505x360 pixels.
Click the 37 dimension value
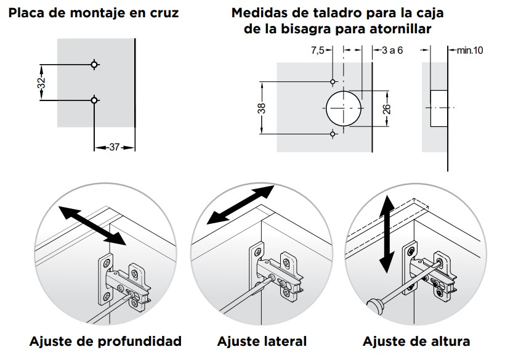pyautogui.click(x=114, y=147)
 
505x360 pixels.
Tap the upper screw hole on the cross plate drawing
pyautogui.click(x=94, y=64)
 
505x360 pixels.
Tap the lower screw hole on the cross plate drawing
pyautogui.click(x=94, y=100)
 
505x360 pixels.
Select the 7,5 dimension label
pyautogui.click(x=317, y=51)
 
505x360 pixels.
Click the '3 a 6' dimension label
pyautogui.click(x=392, y=51)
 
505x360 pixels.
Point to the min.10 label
pyautogui.click(x=469, y=51)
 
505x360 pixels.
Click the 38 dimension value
pyautogui.click(x=262, y=108)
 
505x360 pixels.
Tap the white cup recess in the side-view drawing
pyautogui.click(x=438, y=108)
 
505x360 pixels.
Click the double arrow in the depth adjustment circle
pyautogui.click(x=91, y=225)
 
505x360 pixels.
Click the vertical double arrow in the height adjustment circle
pyautogui.click(x=386, y=234)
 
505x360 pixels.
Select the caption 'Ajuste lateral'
pyautogui.click(x=262, y=342)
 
